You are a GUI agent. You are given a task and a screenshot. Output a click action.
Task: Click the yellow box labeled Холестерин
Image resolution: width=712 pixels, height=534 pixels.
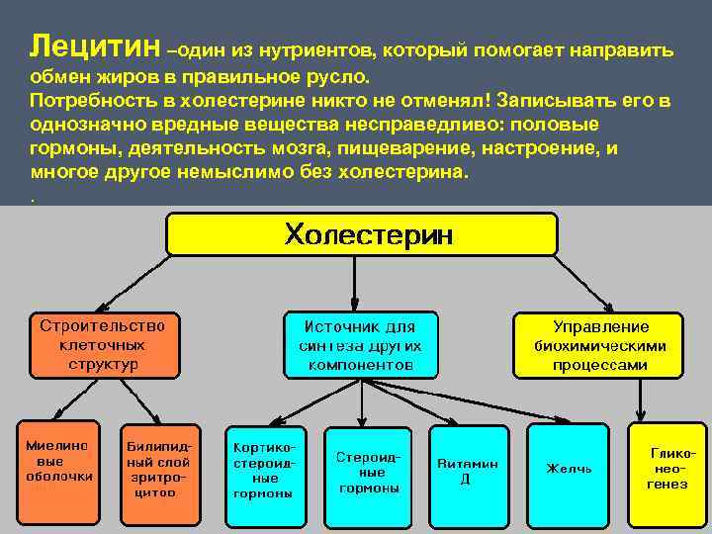tap(369, 236)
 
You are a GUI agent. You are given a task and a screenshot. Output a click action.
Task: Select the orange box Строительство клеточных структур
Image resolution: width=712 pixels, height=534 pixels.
tap(104, 345)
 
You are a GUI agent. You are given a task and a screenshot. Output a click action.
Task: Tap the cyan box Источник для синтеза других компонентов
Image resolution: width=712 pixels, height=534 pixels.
tap(360, 345)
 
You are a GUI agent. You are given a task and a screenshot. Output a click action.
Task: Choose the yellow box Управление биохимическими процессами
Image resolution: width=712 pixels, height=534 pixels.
tap(599, 345)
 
